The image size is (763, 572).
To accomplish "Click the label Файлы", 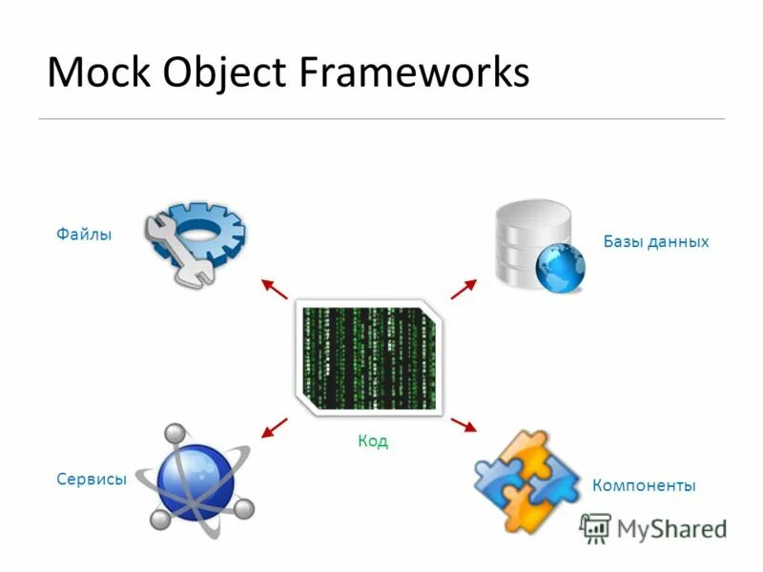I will point(84,234).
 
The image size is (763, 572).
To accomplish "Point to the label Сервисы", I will point(92,480).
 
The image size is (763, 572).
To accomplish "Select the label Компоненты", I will point(644,485).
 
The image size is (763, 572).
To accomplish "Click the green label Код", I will point(373,441).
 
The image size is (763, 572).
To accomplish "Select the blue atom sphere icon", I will point(195,481).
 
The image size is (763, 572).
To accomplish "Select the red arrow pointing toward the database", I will point(464,288).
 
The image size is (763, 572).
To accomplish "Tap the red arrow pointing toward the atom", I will point(274,426).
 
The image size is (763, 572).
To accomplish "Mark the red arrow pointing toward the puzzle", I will point(464,423).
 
